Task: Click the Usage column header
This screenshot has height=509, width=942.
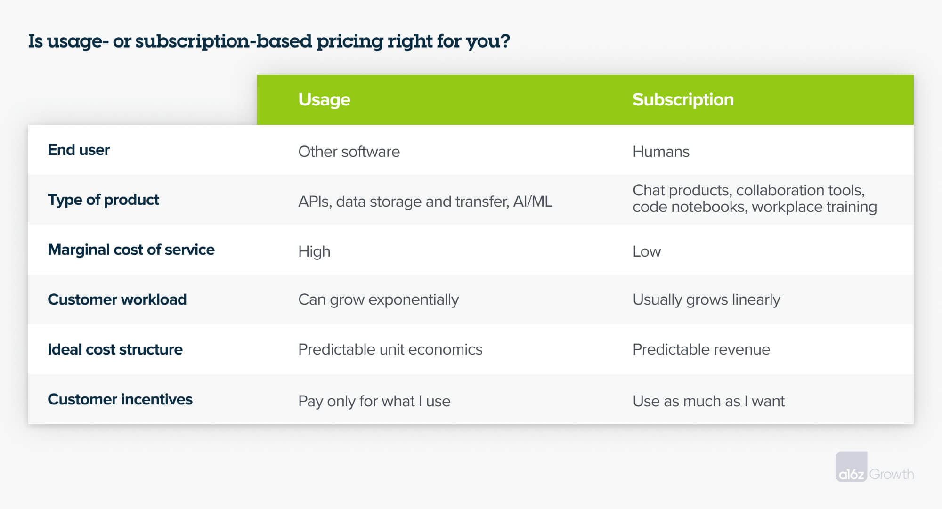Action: click(324, 100)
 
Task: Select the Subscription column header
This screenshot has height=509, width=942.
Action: click(682, 100)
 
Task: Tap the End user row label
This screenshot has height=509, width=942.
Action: click(79, 150)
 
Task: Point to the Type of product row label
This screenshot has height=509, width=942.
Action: click(103, 200)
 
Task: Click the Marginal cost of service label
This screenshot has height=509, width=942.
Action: click(131, 250)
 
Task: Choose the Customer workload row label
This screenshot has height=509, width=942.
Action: click(117, 300)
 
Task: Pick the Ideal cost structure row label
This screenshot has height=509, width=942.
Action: click(115, 350)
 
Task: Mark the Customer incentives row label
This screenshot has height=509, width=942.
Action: click(120, 400)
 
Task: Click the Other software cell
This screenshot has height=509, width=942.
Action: click(349, 152)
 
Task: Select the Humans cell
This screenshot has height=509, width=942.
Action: click(660, 152)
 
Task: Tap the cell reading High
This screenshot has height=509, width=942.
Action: click(314, 252)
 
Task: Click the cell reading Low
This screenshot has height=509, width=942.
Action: click(646, 252)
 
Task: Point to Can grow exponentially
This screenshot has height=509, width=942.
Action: click(378, 300)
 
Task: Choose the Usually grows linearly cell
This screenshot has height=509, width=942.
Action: click(706, 300)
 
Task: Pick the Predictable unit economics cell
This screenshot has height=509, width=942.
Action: click(390, 350)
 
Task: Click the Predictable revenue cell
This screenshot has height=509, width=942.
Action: click(701, 350)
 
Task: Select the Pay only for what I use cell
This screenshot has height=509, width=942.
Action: click(374, 402)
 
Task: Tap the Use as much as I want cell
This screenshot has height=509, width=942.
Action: click(708, 402)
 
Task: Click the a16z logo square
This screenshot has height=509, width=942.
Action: click(851, 467)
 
